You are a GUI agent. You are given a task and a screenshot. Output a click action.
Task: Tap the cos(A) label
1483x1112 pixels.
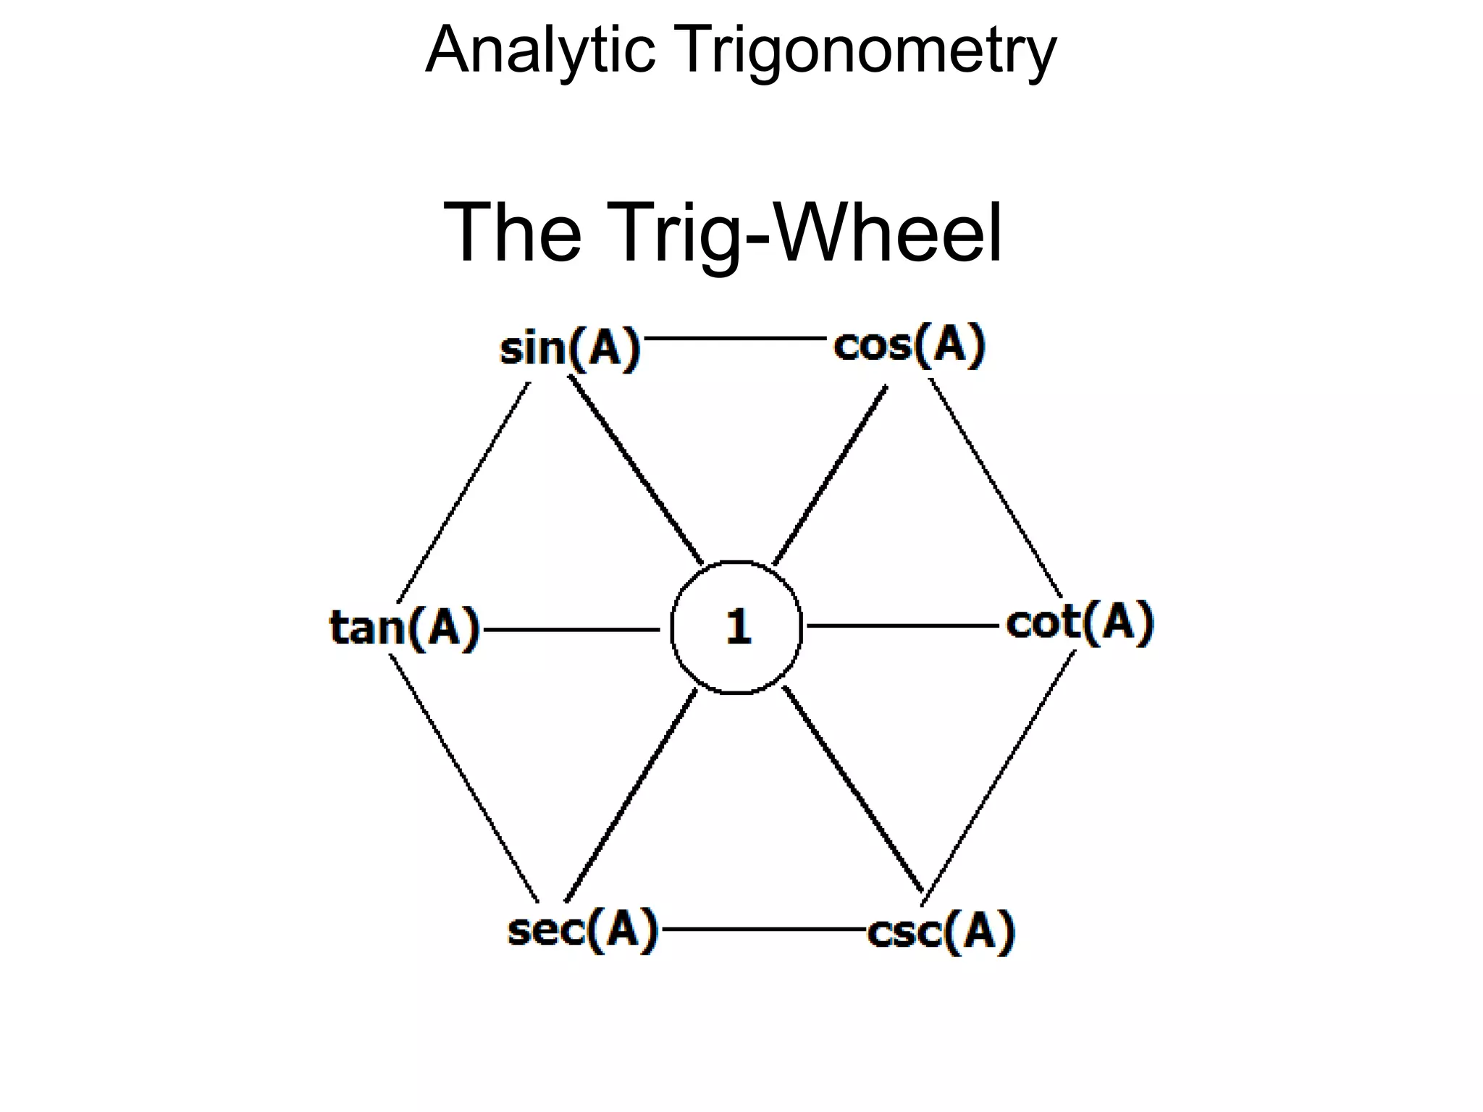[x=909, y=345]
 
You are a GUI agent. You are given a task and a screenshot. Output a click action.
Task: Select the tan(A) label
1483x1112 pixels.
[x=405, y=627]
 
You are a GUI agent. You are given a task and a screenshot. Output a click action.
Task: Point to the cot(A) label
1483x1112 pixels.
[x=1079, y=622]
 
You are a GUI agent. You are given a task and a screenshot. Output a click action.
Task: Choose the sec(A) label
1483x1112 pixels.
[x=583, y=930]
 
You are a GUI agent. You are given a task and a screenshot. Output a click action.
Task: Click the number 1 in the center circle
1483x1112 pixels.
[x=738, y=626]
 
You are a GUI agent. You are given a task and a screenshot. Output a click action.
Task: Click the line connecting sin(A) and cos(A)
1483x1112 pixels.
[x=734, y=338]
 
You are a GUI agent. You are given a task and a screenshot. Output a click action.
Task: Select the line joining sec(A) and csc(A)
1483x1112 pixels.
[x=764, y=929]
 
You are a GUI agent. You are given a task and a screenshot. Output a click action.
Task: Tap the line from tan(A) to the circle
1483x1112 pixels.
[x=572, y=630]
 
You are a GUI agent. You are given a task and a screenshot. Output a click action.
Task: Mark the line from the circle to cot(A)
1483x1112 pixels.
[x=902, y=625]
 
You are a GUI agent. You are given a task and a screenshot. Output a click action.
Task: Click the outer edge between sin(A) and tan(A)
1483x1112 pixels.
[x=463, y=492]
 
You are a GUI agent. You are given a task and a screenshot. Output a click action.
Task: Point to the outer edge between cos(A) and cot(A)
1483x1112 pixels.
[x=996, y=489]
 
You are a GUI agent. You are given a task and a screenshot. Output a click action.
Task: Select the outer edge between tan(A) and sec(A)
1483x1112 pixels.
[x=463, y=778]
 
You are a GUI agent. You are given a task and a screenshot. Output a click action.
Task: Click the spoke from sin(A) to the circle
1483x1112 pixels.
[x=635, y=471]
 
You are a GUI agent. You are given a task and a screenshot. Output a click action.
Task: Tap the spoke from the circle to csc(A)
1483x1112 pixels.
[x=853, y=789]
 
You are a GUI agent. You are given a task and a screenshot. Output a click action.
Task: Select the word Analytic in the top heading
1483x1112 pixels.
[x=540, y=51]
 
